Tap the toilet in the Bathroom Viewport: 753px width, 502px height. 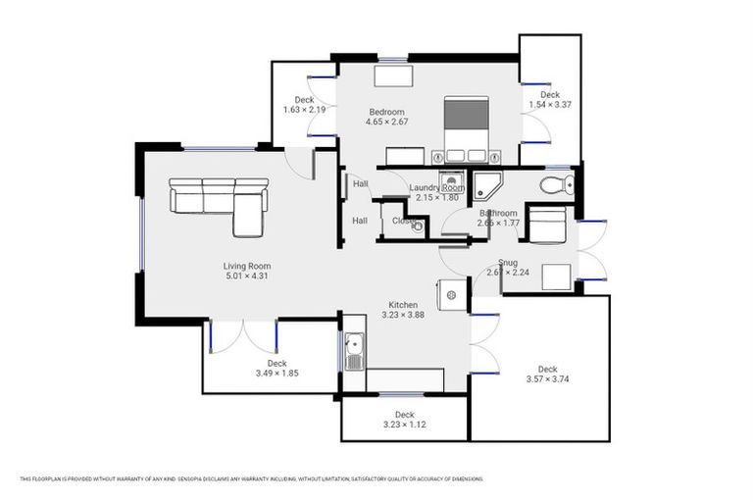[558, 185]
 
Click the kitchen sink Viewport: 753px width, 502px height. [353, 351]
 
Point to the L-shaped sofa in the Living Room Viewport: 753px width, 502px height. [218, 202]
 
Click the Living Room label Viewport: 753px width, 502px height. [246, 266]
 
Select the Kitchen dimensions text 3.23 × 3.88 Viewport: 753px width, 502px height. [403, 315]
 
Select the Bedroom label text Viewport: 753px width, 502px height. [387, 112]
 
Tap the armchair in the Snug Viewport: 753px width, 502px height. [546, 224]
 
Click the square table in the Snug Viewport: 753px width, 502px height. [556, 276]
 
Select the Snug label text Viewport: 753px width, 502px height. [507, 262]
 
